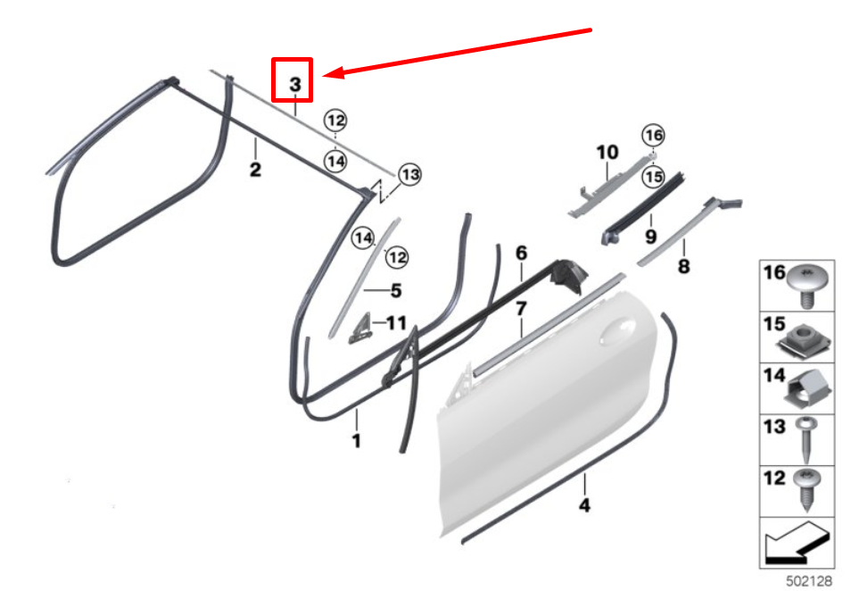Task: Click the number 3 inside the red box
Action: pyautogui.click(x=294, y=85)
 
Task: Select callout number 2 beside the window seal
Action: pyautogui.click(x=255, y=169)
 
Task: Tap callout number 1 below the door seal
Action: pyautogui.click(x=356, y=440)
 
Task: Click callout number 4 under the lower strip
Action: pyautogui.click(x=584, y=505)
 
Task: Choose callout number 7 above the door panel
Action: pyautogui.click(x=521, y=309)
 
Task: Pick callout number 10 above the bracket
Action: pyautogui.click(x=607, y=152)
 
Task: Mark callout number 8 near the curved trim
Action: pyautogui.click(x=684, y=265)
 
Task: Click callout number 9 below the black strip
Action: pyautogui.click(x=650, y=238)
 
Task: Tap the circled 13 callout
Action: pyautogui.click(x=409, y=174)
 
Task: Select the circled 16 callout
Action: pyautogui.click(x=654, y=135)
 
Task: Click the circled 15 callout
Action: pyautogui.click(x=654, y=177)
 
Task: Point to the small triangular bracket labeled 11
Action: pyautogui.click(x=361, y=327)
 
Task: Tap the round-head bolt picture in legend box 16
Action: pyautogui.click(x=809, y=284)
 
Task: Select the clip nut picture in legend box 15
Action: pyautogui.click(x=809, y=335)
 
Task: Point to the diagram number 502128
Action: pyautogui.click(x=808, y=580)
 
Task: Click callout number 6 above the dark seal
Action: pyautogui.click(x=522, y=254)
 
